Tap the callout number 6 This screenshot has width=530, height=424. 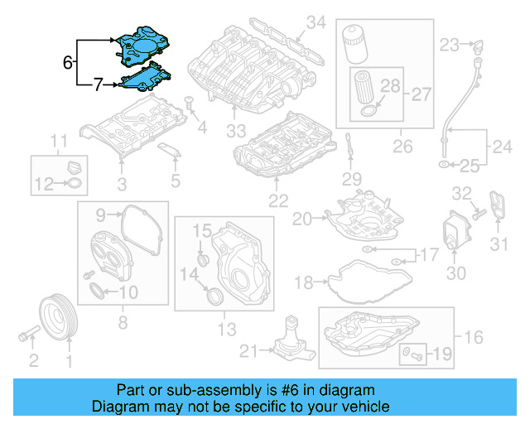point(67,61)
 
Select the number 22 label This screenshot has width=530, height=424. point(278,200)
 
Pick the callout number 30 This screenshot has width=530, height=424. point(457,273)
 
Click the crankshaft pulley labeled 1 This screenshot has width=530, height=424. point(58,316)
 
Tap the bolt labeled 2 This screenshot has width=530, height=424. point(28,337)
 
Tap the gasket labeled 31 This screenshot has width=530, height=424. point(497,208)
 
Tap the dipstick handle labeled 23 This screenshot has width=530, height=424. point(475,45)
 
